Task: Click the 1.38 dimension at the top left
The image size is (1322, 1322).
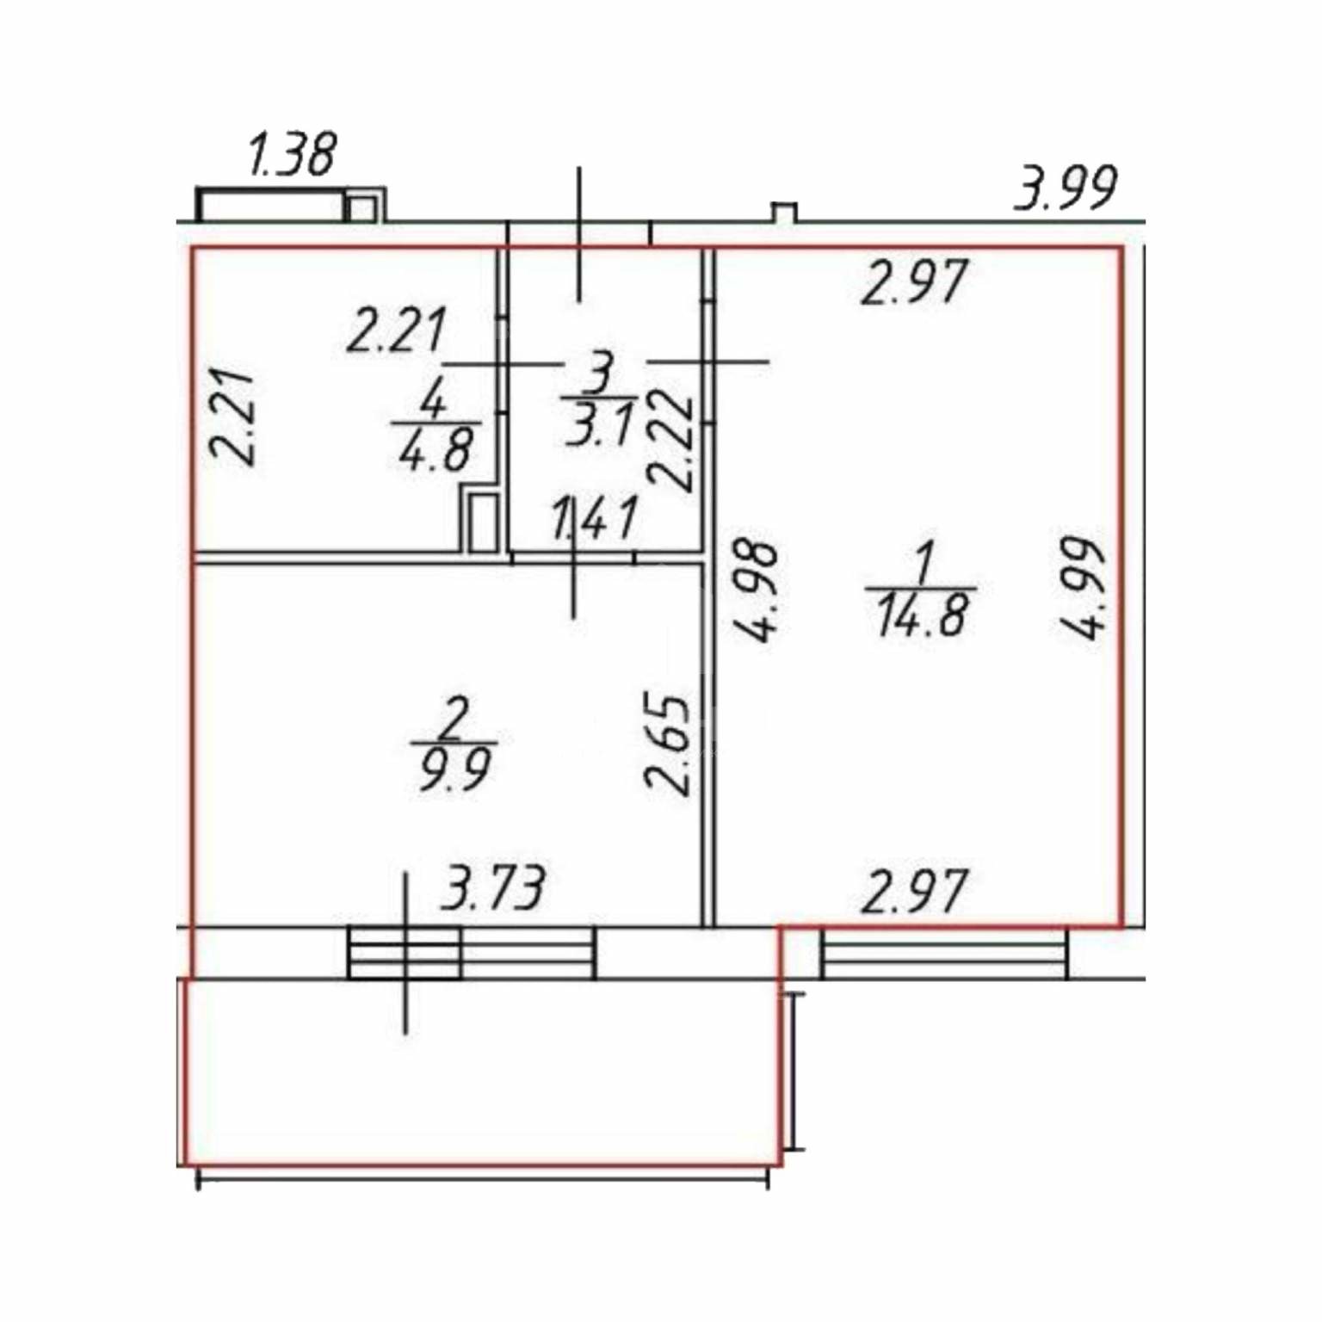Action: (x=292, y=155)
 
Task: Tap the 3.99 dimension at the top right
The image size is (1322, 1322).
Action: (x=1066, y=188)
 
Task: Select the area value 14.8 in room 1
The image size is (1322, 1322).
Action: (x=923, y=615)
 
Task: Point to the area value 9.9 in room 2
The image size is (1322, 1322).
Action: (x=454, y=769)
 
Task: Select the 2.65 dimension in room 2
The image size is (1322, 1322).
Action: (x=668, y=744)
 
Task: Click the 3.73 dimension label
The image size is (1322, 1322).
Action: (x=494, y=888)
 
